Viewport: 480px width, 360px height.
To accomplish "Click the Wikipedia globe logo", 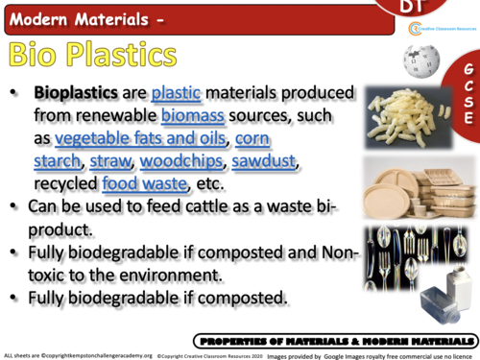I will [421, 60].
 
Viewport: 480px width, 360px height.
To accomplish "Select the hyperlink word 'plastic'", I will [176, 94].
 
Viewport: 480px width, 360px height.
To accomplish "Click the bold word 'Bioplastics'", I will [78, 94].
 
